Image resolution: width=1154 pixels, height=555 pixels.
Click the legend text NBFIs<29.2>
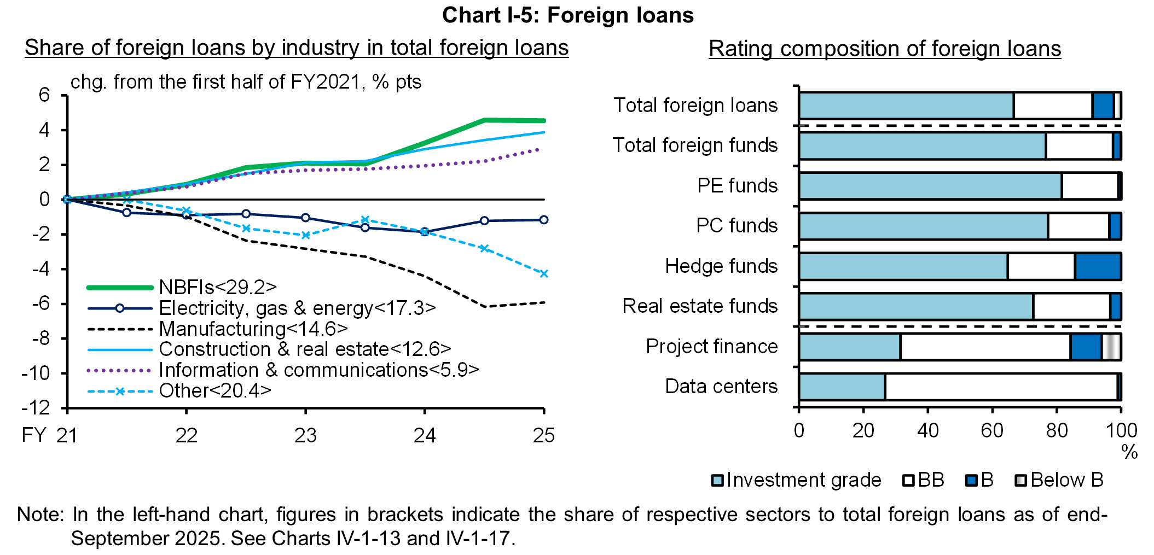(218, 287)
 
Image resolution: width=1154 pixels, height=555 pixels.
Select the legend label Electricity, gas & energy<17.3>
(297, 308)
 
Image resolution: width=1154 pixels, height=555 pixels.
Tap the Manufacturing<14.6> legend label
(253, 329)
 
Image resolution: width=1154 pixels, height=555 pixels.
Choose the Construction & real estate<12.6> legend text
(305, 349)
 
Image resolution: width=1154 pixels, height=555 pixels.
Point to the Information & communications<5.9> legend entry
(318, 370)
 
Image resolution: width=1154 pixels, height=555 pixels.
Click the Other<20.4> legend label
(215, 390)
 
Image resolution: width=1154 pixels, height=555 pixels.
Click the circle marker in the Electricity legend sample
(120, 308)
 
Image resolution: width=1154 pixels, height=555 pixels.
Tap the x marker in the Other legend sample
(120, 391)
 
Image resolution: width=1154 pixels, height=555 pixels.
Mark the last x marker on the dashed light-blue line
(544, 273)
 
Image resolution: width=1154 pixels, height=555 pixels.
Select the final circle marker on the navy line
(543, 220)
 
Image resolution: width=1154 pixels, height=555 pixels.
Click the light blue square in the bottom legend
(717, 480)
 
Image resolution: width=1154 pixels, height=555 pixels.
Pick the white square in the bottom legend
(908, 480)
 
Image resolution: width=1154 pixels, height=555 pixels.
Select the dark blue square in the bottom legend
(971, 480)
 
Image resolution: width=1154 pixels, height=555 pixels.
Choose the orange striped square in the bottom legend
(1021, 480)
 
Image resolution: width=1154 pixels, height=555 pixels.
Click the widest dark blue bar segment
(1098, 267)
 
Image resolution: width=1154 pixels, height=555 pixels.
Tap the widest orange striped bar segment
(1111, 347)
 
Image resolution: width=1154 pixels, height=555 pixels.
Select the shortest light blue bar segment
(842, 387)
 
